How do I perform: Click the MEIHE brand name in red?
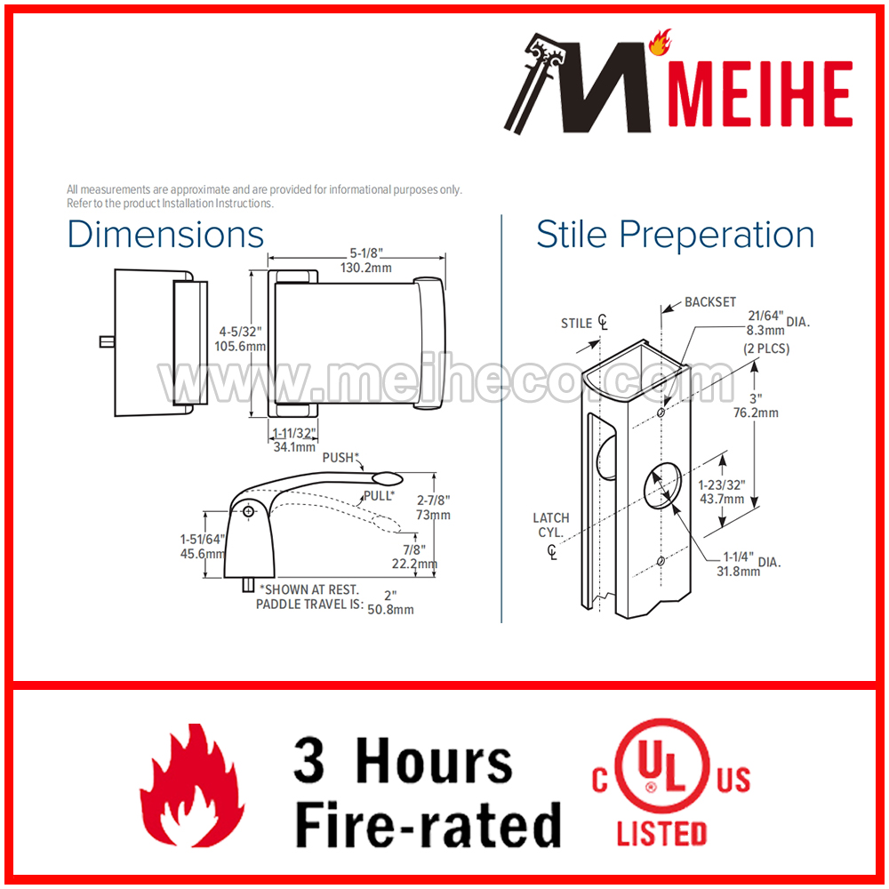coord(760,93)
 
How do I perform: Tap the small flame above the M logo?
coord(660,43)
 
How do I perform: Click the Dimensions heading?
coord(165,234)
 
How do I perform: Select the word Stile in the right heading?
coord(572,234)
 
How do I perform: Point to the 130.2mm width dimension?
coord(365,268)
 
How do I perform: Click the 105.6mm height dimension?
coord(240,346)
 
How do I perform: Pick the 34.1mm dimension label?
coord(294,447)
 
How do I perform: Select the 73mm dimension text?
coord(433,515)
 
